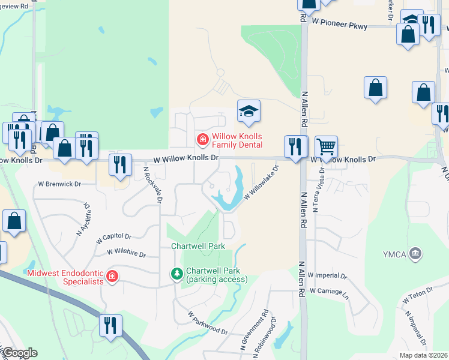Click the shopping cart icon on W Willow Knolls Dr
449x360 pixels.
326,146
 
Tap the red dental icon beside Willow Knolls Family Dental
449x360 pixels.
203,140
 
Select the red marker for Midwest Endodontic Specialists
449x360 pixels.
112,276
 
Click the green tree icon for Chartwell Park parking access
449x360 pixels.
177,274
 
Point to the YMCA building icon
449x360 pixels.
415,254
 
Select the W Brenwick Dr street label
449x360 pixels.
59,184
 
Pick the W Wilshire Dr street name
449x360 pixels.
126,254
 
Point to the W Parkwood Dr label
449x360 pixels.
208,323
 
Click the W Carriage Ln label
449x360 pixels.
328,290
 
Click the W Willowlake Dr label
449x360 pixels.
262,184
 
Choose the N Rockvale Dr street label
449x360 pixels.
152,185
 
